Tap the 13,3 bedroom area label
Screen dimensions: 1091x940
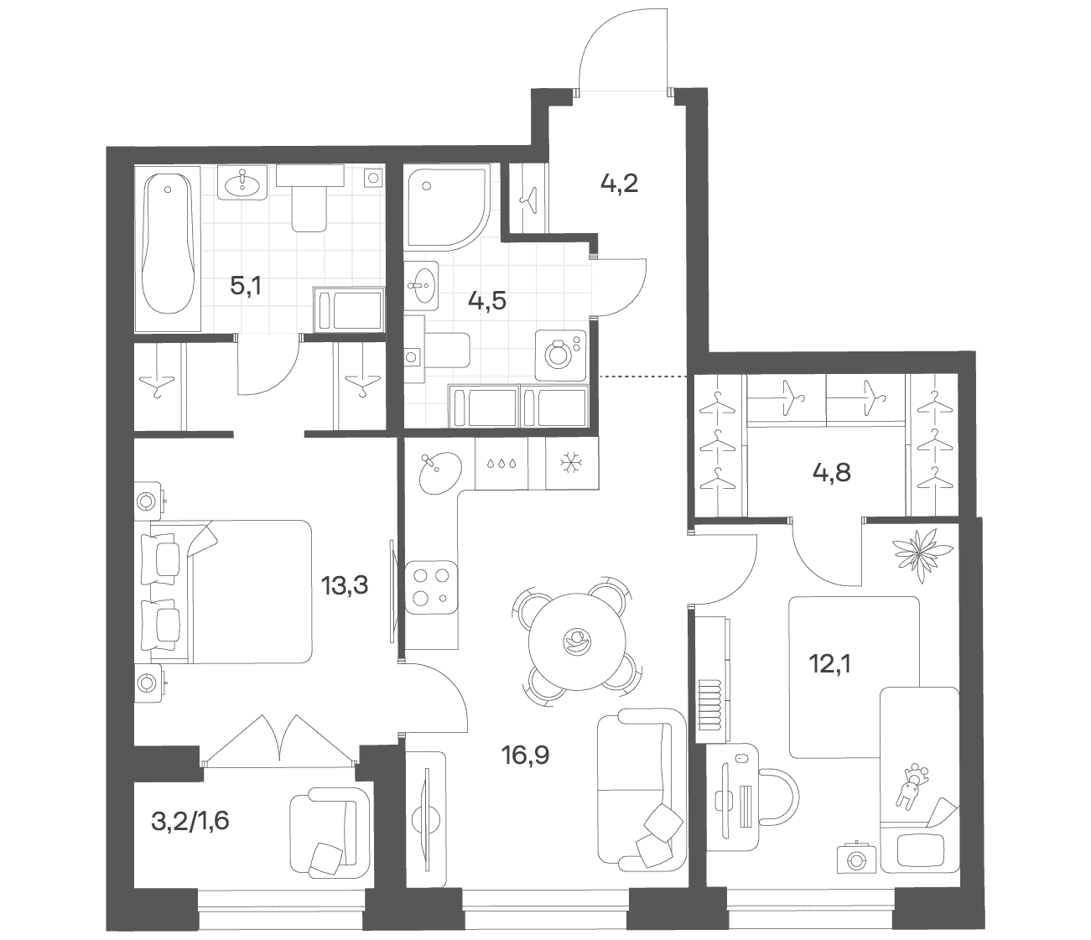(x=345, y=585)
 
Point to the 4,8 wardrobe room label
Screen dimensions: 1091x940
(x=832, y=473)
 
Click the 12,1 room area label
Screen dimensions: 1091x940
(x=830, y=664)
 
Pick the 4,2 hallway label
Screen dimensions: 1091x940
(x=620, y=184)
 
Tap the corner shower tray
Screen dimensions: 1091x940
(x=447, y=206)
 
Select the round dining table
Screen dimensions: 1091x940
(x=578, y=641)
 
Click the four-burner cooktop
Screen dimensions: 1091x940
(x=431, y=587)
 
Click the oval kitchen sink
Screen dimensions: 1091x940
(x=440, y=473)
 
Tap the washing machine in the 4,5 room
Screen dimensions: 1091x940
(x=560, y=356)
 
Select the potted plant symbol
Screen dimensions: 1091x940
(x=923, y=558)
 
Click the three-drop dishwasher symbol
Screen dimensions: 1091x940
(x=501, y=464)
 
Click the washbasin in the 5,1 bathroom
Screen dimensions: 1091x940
(x=242, y=183)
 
